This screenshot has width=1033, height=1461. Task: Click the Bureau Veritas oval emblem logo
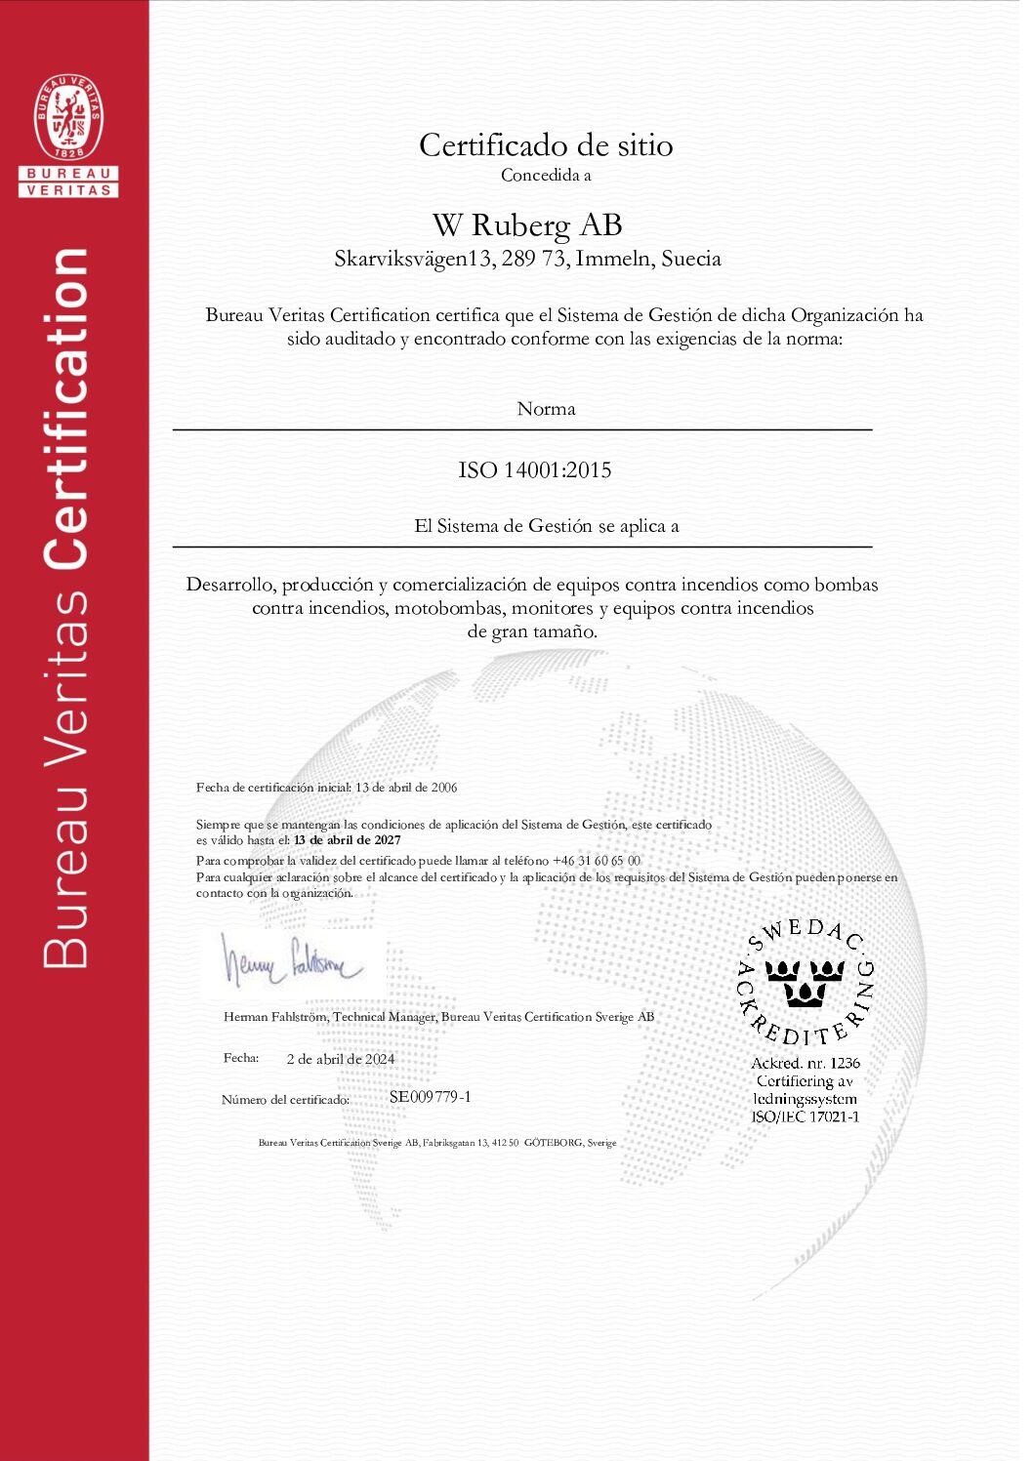pos(68,117)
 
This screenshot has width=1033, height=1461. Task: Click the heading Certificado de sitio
pos(546,145)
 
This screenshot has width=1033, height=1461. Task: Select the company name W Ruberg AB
pos(527,225)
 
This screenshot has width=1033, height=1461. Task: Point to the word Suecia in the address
pos(691,259)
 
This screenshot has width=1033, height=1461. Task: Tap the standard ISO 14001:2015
pos(535,470)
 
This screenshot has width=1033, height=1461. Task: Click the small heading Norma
pos(546,409)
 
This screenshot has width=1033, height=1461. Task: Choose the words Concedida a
pos(546,176)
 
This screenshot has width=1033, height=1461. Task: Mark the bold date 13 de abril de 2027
pos(347,840)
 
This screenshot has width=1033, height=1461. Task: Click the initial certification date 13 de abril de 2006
pos(406,788)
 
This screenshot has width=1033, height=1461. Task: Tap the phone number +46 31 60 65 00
pos(597,861)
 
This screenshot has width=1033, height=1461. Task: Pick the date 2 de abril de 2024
pos(341,1059)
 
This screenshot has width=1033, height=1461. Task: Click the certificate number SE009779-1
pos(431,1097)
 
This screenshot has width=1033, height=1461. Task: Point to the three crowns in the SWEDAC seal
pos(805,981)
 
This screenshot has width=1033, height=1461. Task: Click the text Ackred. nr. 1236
pos(806,1063)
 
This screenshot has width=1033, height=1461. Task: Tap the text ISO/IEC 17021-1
pos(806,1116)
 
